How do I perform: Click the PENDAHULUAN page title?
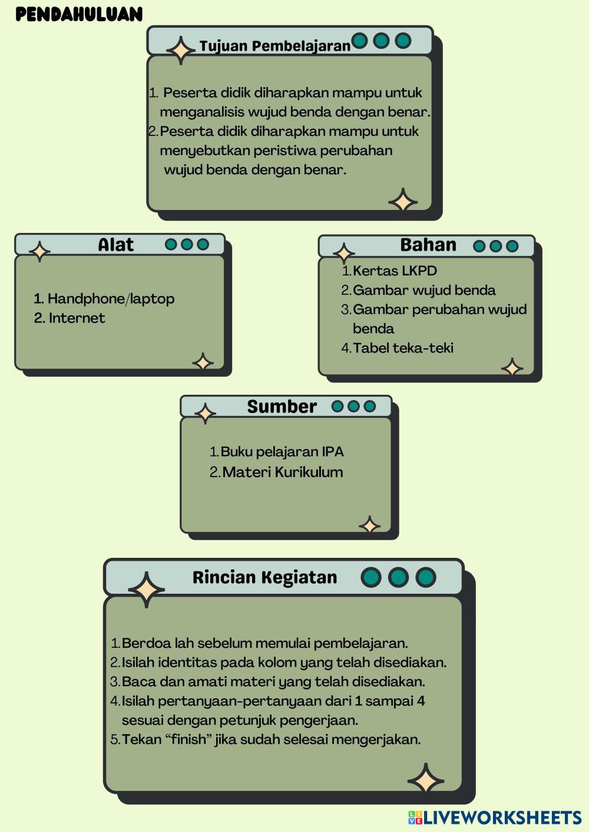pos(79,14)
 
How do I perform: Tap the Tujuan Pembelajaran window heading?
pos(274,46)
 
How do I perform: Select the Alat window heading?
pos(115,245)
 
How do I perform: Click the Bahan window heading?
pos(428,245)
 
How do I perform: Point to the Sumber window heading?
pos(282,407)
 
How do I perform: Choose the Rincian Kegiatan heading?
pos(264,577)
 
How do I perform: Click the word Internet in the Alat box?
pos(77,318)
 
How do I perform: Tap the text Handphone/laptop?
pos(111,299)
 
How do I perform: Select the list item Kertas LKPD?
pos(395,271)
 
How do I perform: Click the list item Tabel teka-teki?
pos(403,348)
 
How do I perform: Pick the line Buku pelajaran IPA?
pos(282,452)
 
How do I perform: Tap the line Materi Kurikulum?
pos(282,472)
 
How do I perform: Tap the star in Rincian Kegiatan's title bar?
pos(146,589)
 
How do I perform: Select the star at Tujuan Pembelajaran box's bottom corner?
pos(403,201)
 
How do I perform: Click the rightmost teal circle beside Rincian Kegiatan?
pos(425,577)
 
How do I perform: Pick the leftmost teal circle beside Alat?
pos(171,244)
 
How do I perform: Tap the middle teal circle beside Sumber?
pos(353,407)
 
